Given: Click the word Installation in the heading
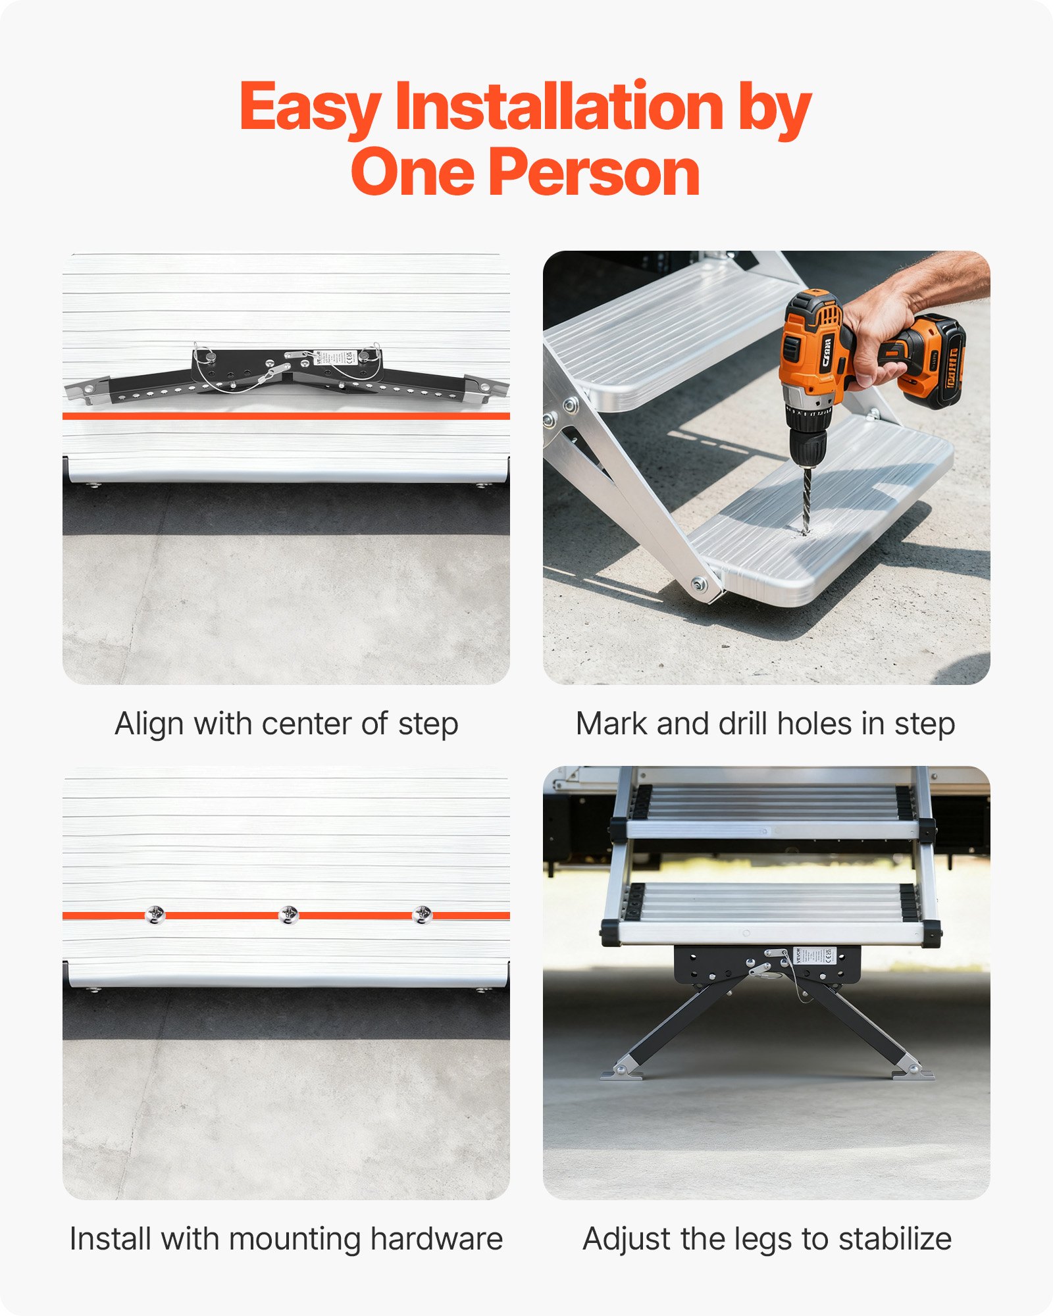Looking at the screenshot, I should pos(559,107).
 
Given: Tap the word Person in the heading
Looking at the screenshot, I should pos(594,172).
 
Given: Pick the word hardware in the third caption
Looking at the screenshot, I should pos(436,1239).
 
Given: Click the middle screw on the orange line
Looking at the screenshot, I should pos(288,915).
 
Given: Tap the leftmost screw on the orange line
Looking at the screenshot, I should pos(155,915).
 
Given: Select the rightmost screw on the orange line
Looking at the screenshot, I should pos(422,915).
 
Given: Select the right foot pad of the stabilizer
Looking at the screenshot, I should pos(913,1074).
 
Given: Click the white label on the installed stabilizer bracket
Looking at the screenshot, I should pos(814,955).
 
